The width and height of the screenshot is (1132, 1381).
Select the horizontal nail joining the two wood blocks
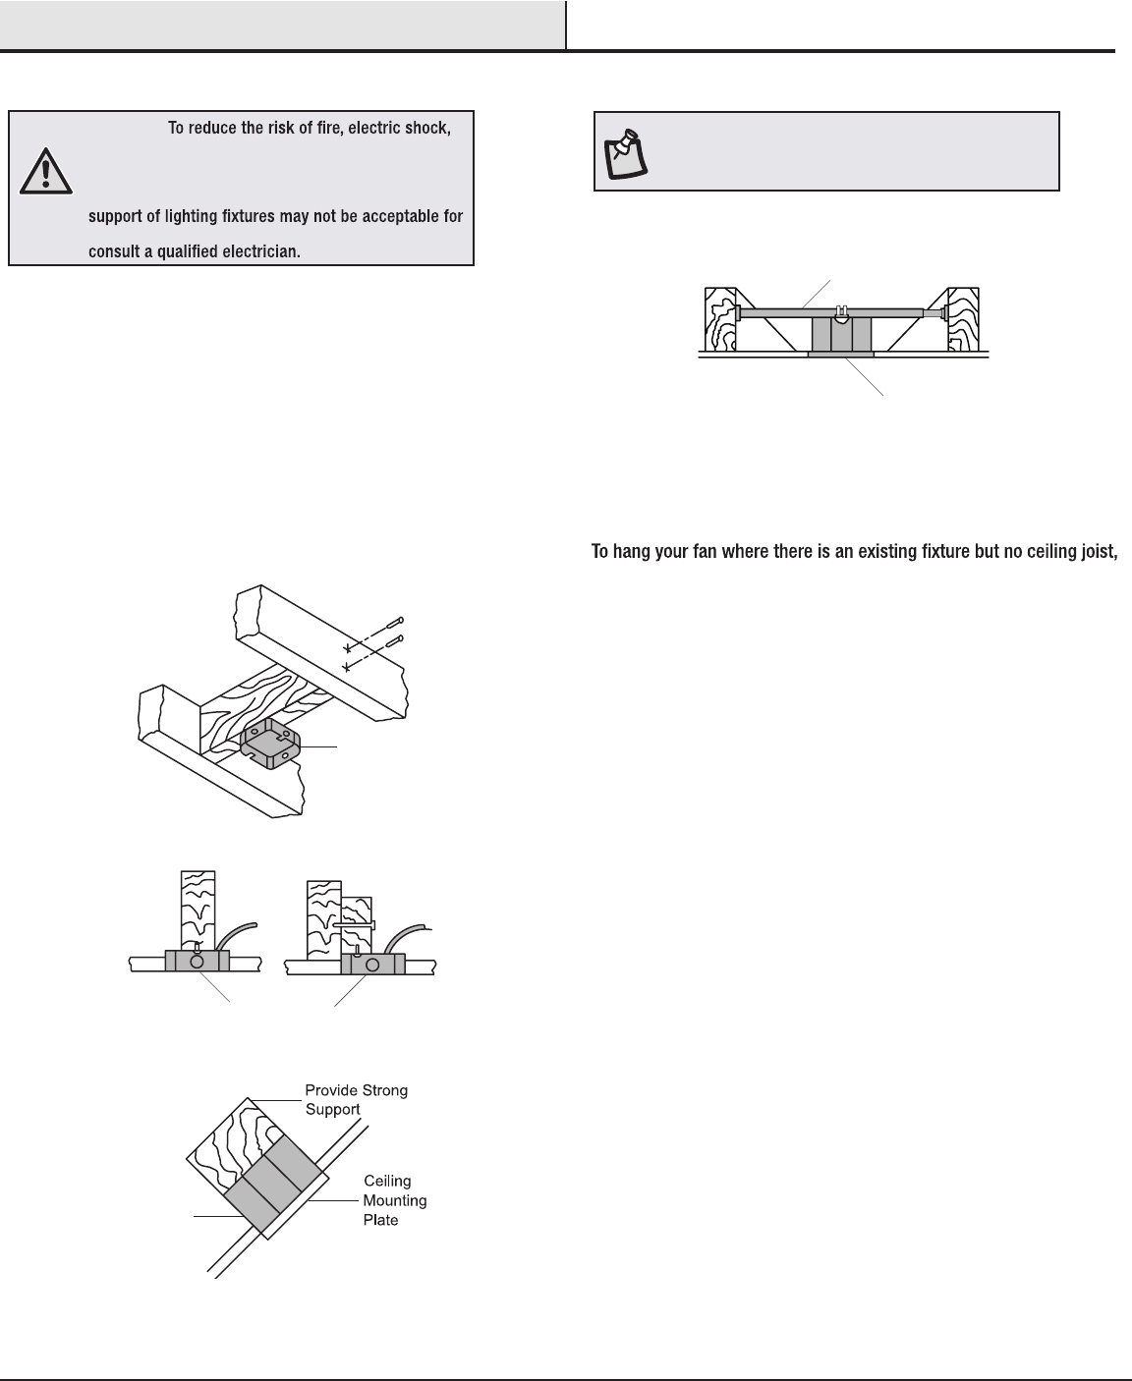(x=354, y=924)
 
